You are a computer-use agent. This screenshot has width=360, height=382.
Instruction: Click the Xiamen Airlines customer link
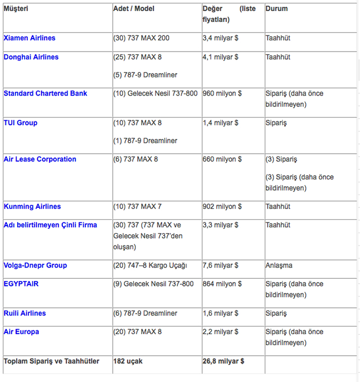click(29, 38)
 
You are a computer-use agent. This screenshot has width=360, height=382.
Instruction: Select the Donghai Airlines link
click(31, 57)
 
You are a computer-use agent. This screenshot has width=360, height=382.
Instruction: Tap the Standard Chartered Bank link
click(45, 93)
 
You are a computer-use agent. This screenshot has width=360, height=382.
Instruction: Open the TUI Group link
click(20, 123)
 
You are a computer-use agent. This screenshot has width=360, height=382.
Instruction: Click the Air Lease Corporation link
click(40, 160)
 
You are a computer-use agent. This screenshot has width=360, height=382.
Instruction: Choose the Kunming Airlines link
click(32, 207)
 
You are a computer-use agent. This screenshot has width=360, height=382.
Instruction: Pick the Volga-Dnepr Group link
click(35, 265)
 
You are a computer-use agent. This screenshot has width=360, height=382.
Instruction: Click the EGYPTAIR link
click(21, 284)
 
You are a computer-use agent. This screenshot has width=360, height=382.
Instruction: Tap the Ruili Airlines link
click(25, 313)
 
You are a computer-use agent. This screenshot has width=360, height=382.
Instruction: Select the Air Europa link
click(21, 332)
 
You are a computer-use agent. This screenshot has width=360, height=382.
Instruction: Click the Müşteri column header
click(16, 9)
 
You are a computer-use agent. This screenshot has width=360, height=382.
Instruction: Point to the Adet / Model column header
click(134, 9)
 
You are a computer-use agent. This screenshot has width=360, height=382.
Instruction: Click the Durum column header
click(277, 9)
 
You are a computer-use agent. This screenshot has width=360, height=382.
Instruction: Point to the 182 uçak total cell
click(128, 361)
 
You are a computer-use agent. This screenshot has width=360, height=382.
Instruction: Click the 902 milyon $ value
click(222, 207)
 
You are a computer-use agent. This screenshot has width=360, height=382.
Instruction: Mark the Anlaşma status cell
click(279, 265)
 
